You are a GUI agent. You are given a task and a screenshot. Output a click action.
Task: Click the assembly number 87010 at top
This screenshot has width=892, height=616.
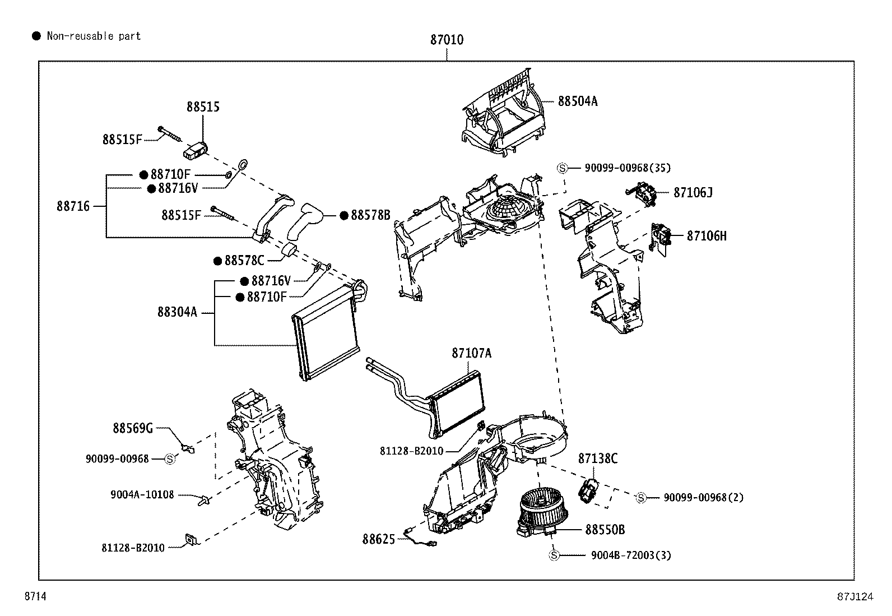tap(447, 40)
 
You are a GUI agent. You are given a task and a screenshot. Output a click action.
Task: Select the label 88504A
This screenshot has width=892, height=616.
tap(577, 101)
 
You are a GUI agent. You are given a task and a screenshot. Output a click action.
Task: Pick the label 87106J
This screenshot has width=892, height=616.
tap(693, 193)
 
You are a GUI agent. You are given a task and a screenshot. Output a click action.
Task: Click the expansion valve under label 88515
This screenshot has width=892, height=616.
tap(195, 149)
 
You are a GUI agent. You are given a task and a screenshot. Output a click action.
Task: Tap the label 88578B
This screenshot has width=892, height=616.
tap(370, 215)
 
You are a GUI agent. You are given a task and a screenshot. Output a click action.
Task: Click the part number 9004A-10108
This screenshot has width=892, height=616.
tap(142, 495)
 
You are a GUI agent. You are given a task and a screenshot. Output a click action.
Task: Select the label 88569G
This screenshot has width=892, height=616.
tap(133, 428)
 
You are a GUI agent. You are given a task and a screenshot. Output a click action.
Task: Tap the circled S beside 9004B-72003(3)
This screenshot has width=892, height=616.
tap(554, 555)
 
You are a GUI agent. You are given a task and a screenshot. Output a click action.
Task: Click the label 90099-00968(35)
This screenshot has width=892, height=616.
tap(627, 168)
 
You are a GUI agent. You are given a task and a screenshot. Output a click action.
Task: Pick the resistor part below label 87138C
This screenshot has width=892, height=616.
tap(589, 490)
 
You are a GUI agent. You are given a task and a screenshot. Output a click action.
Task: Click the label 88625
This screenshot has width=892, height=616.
tap(378, 539)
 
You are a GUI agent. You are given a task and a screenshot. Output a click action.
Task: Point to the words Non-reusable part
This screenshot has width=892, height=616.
tap(94, 36)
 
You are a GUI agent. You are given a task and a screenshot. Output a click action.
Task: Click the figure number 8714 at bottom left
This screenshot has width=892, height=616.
tap(35, 597)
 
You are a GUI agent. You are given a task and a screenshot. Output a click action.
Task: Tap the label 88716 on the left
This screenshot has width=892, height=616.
tap(73, 206)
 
